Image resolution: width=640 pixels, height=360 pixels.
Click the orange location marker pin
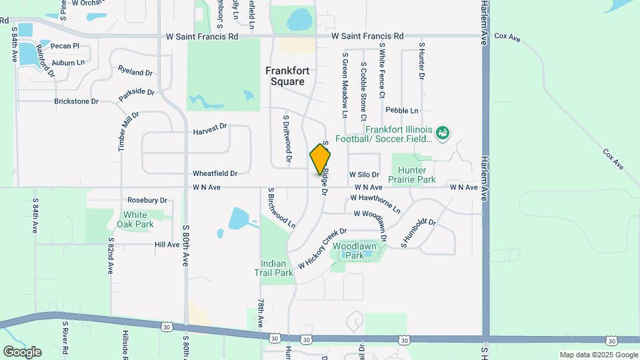[320, 159]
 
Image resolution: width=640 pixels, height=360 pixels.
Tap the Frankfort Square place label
[285, 76]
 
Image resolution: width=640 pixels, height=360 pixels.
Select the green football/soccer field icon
[443, 133]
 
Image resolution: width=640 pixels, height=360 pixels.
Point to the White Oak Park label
[135, 219]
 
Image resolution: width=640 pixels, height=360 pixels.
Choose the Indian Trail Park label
[273, 268]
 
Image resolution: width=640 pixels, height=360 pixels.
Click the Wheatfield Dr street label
[215, 173]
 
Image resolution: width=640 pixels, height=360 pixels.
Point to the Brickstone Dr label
[76, 101]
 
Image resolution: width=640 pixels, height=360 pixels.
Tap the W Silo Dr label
[363, 174]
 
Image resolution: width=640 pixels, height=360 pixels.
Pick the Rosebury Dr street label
[147, 200]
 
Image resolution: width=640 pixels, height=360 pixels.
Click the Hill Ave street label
[167, 245]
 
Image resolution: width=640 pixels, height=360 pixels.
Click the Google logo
[22, 351]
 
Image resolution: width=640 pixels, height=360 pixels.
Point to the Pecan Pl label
[66, 46]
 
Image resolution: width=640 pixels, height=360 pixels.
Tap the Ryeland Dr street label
[135, 71]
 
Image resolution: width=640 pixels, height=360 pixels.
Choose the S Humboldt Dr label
[418, 233]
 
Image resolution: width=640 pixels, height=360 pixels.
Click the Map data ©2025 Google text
[598, 355]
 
